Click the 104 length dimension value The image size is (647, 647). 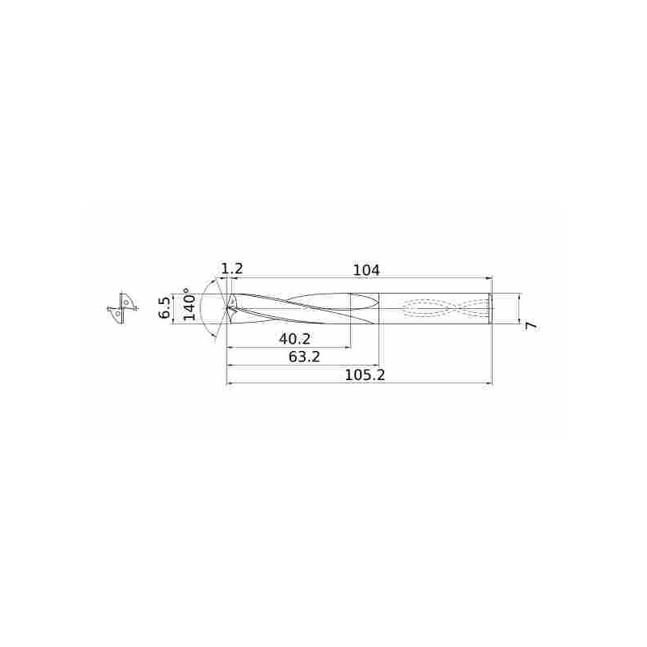(366, 269)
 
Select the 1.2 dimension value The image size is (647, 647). (232, 269)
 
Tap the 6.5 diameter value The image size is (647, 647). (165, 308)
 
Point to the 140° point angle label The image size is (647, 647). (190, 305)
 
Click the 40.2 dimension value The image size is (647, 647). (294, 338)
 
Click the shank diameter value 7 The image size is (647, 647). (531, 324)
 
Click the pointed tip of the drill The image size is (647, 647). (226, 308)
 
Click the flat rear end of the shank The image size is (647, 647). (491, 308)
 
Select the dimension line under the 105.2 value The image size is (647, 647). (359, 384)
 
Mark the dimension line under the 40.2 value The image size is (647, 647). (289, 348)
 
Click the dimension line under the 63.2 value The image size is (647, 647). (302, 366)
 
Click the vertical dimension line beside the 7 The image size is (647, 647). (518, 308)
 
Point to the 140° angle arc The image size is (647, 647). (208, 308)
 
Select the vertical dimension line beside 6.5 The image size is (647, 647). (174, 308)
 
